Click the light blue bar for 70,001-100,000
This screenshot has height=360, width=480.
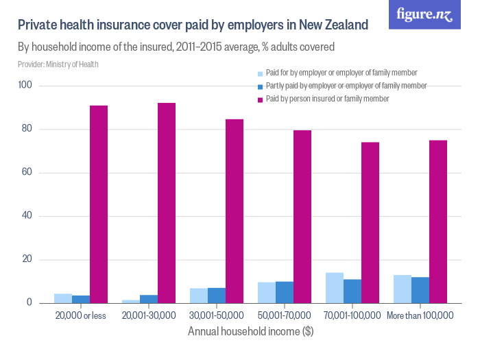point(335,288)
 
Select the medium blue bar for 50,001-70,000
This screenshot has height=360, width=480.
point(285,292)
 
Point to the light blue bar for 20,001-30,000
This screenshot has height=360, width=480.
point(131,301)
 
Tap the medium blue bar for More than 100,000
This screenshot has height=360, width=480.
point(420,290)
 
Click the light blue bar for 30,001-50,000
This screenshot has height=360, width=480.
point(199,296)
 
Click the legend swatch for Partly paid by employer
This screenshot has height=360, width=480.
point(261,86)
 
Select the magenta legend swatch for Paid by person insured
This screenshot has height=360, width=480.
point(261,99)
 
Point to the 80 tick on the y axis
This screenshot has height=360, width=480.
point(28,129)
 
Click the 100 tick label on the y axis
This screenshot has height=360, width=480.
point(26,86)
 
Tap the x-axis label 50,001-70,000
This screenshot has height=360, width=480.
point(285,315)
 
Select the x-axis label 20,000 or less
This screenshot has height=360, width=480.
point(81,315)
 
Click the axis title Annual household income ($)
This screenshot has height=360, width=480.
point(250,331)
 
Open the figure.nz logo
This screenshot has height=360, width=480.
point(424,15)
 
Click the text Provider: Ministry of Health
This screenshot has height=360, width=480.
point(58,64)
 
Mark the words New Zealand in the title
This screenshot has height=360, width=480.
point(334,25)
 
